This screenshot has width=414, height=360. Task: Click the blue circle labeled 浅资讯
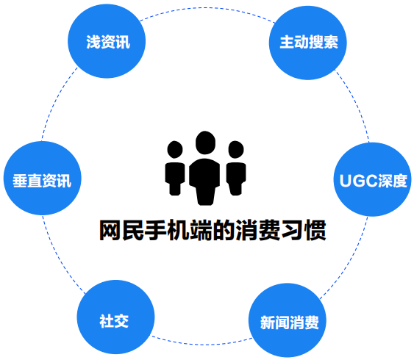[x=107, y=41]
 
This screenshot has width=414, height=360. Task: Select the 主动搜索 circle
[x=308, y=43]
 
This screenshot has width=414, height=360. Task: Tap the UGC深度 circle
[x=373, y=179]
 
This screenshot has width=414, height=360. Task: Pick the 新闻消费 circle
[x=288, y=320]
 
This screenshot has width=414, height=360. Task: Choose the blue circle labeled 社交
[x=115, y=317]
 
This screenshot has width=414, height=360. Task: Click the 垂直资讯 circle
[x=42, y=178]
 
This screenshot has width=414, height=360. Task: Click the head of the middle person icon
[x=205, y=143]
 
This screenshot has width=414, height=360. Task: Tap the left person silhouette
[x=175, y=168]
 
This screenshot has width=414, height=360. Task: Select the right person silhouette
[x=236, y=168]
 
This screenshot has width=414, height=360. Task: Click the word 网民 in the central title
[x=121, y=230]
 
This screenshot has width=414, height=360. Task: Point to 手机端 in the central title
[x=179, y=230]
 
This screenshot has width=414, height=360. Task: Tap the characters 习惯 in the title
[x=304, y=230]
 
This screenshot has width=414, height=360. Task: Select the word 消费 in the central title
[x=258, y=230]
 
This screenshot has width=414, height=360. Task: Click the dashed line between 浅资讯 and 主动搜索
[x=207, y=8]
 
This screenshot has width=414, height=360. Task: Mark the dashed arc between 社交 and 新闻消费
[x=202, y=344]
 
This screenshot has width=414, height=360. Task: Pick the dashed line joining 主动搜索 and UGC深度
[x=356, y=103]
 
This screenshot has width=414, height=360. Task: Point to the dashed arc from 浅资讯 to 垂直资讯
[x=56, y=100]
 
